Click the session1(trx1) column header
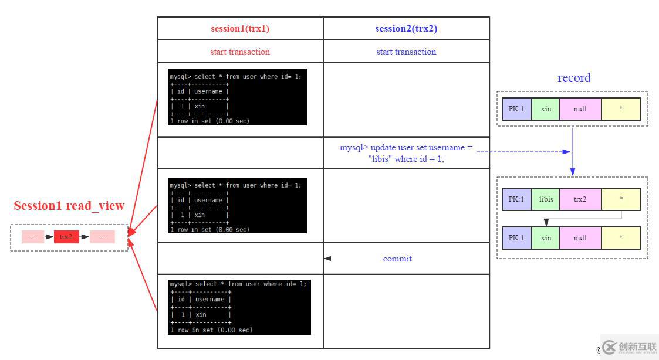240,29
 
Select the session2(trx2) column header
406,29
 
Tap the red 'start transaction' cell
240,52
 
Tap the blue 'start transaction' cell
406,52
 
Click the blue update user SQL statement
406,152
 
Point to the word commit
397,259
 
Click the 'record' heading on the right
574,78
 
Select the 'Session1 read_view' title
69,206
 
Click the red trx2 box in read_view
66,237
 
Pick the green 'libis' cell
546,199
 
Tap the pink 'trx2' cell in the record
580,199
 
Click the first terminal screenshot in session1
237,97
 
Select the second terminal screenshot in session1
237,206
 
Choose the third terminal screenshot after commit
239,307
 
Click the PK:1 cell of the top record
517,109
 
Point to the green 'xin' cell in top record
546,109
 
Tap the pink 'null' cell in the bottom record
580,238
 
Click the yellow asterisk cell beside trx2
621,199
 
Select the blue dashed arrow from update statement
522,152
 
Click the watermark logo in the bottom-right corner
628,347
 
